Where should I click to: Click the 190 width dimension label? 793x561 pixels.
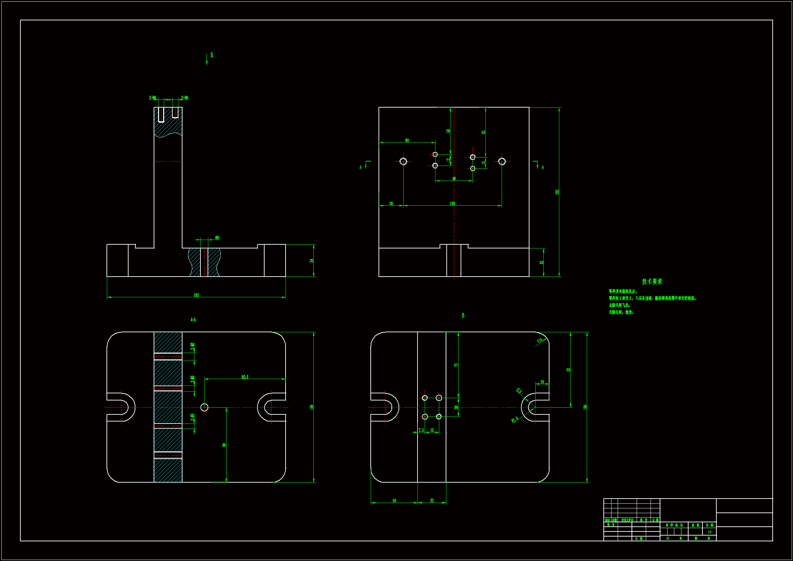point(196,295)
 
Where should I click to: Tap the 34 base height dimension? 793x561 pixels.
point(311,261)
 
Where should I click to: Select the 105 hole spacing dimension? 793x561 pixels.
point(452,204)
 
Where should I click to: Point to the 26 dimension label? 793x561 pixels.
point(391,204)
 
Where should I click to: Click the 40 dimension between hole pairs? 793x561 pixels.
point(454,179)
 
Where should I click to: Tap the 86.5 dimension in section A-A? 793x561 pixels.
point(245,377)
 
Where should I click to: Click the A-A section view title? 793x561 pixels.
point(193,319)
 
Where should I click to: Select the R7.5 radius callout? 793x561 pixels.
point(515,419)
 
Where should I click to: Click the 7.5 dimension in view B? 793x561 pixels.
point(421,430)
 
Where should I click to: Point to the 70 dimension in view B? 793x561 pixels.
point(456,365)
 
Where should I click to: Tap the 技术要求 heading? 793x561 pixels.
point(652,282)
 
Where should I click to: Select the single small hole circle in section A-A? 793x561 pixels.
point(205,408)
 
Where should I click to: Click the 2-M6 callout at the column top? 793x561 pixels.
point(152,98)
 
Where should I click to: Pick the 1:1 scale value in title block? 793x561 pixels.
point(709,531)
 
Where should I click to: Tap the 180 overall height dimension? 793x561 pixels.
point(557,192)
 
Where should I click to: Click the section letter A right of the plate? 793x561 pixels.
point(543,167)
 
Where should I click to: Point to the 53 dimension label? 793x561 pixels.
point(483,132)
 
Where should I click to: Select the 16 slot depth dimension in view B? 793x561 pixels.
point(542,382)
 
